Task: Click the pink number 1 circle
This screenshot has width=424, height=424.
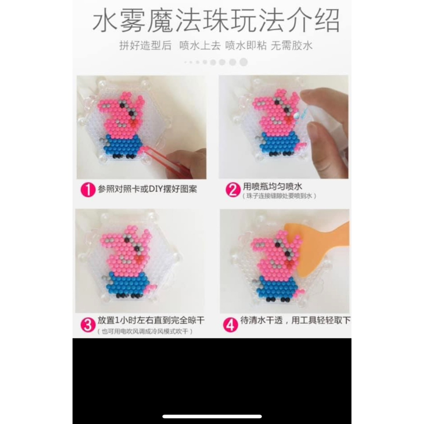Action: pyautogui.click(x=87, y=189)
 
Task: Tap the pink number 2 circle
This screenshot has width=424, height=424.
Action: pyautogui.click(x=232, y=189)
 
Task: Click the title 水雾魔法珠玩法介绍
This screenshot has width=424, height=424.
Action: pyautogui.click(x=216, y=21)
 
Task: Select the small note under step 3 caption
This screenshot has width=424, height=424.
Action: pyautogui.click(x=145, y=331)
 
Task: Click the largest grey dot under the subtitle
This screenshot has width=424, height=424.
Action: pyautogui.click(x=243, y=62)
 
